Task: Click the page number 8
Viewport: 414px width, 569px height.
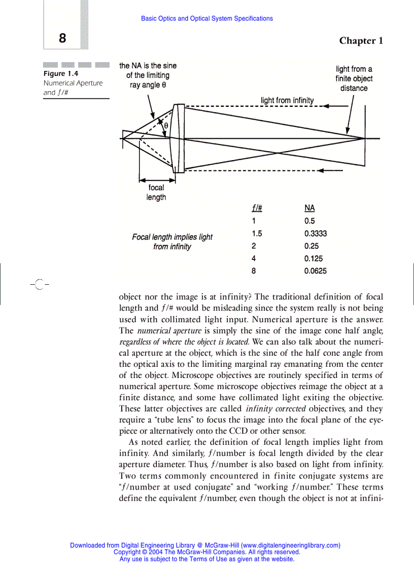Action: tap(62, 39)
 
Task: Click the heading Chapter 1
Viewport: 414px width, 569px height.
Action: tap(361, 41)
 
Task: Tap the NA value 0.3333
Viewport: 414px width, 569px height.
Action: tap(315, 234)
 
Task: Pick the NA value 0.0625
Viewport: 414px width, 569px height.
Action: tap(315, 271)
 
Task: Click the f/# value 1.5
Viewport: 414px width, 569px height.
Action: tap(257, 234)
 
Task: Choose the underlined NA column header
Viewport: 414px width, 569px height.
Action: tap(309, 208)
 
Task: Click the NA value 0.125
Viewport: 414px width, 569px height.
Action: tap(313, 258)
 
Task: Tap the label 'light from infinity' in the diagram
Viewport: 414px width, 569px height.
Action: tap(287, 100)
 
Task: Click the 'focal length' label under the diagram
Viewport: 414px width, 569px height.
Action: tap(156, 193)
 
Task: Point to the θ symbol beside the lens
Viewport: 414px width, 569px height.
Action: tap(165, 125)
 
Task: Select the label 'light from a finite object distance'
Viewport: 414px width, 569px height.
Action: tap(354, 79)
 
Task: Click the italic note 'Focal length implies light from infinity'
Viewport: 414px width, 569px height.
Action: tap(172, 242)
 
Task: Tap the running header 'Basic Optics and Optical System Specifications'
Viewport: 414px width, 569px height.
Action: tap(206, 19)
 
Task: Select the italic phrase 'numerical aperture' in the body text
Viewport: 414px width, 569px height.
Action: tap(162, 330)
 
